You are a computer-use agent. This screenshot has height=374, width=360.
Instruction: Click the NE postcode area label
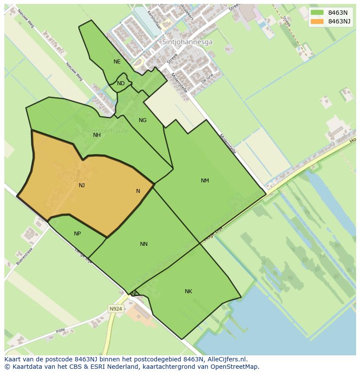(x=117, y=62)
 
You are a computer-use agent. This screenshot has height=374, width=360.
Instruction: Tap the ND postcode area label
(x=121, y=83)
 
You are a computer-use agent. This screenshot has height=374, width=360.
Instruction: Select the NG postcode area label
(x=143, y=120)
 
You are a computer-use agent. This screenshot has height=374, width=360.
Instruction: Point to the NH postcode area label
(x=97, y=135)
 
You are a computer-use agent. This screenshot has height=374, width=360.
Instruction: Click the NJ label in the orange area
(x=82, y=185)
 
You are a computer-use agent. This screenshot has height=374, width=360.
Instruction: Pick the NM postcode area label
(x=205, y=181)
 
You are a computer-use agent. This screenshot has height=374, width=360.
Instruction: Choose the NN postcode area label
(x=144, y=244)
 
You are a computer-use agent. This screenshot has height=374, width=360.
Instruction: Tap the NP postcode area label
(x=77, y=234)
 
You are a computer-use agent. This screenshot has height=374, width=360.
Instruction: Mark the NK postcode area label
(x=188, y=291)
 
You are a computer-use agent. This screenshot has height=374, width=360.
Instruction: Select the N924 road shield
(x=116, y=309)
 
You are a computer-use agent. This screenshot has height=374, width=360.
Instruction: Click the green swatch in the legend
(x=317, y=13)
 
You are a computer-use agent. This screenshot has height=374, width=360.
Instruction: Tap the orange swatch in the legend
(x=317, y=21)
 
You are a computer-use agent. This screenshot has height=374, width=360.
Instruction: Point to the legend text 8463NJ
(x=339, y=21)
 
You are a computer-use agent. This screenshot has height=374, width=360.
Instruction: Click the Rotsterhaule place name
(x=107, y=131)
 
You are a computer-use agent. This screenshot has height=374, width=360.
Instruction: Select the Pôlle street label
(x=60, y=331)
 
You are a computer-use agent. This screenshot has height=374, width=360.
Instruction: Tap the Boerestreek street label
(x=25, y=257)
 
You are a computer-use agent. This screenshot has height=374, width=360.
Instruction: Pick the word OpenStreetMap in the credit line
(x=235, y=367)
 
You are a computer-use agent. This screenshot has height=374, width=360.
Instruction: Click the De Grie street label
(x=207, y=78)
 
